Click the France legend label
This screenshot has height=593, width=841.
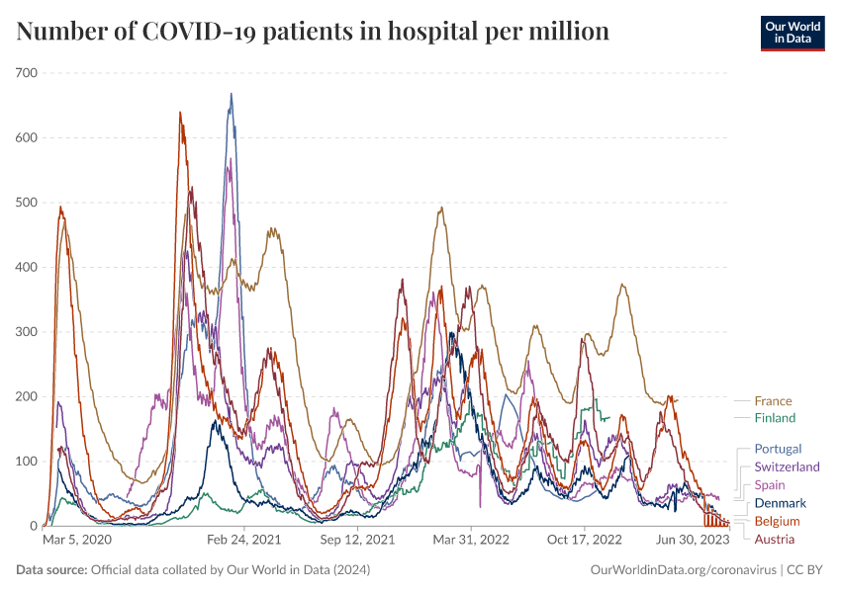coord(773,401)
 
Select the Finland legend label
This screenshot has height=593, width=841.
coord(775,418)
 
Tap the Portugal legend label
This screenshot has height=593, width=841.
coord(778,449)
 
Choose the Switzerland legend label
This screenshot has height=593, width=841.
coord(787,466)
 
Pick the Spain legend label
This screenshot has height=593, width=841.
coord(771,484)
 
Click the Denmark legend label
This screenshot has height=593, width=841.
coord(780,503)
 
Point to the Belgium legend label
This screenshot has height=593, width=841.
coord(777,521)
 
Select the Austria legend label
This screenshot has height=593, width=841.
coord(774,539)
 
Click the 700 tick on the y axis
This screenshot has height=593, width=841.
coord(26,73)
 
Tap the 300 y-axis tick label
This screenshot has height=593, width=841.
coord(26,332)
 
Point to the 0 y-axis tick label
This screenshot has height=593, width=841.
coord(33,526)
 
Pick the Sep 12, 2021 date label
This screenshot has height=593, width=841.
coord(358,541)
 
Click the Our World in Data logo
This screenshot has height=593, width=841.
coord(792,33)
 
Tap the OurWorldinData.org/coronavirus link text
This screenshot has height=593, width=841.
coord(682,570)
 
